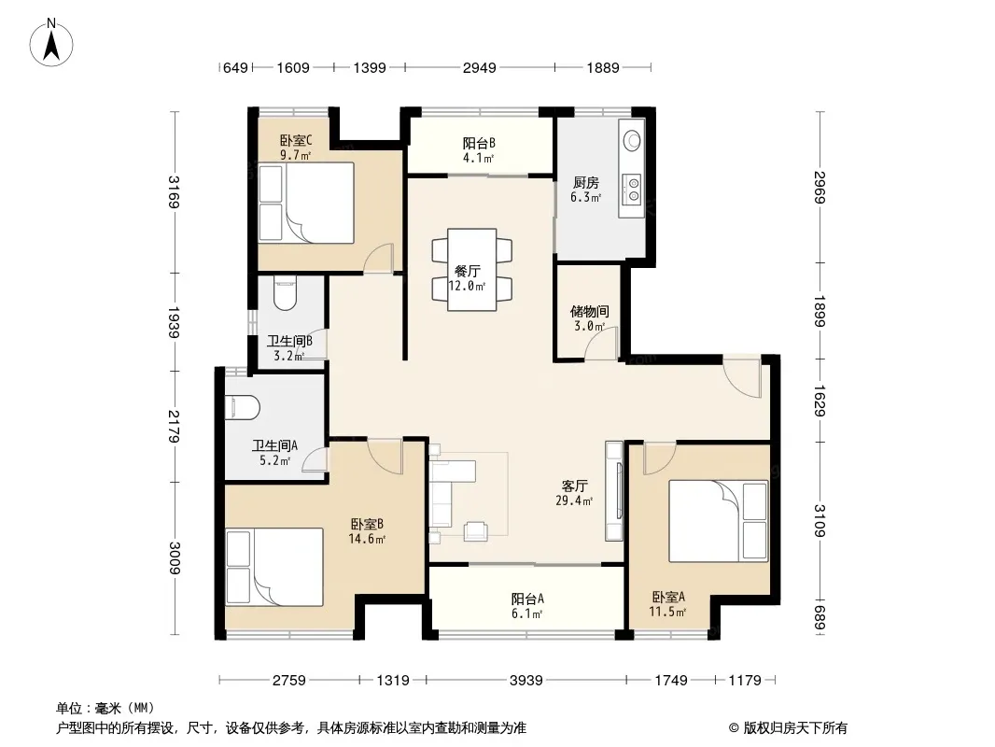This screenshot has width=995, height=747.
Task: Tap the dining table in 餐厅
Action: coord(471,270)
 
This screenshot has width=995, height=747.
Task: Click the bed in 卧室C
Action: coord(306,204)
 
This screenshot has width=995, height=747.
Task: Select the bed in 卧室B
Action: coord(274,568)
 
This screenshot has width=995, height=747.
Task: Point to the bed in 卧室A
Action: coord(719,521)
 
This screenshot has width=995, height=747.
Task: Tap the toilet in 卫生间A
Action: coord(243,408)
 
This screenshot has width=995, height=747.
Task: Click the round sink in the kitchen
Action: coord(632,141)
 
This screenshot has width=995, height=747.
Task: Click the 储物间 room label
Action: coord(590,311)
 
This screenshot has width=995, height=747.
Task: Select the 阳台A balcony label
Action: coord(527,599)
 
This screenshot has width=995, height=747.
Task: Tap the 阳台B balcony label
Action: coord(479,144)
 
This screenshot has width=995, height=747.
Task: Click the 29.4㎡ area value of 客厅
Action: coord(574,500)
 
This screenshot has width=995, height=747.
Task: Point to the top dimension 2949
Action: coord(479,67)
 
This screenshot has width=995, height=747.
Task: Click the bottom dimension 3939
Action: coord(526,681)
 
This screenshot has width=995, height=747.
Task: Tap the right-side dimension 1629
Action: coord(820,402)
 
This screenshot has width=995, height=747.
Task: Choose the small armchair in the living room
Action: coord(475,531)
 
